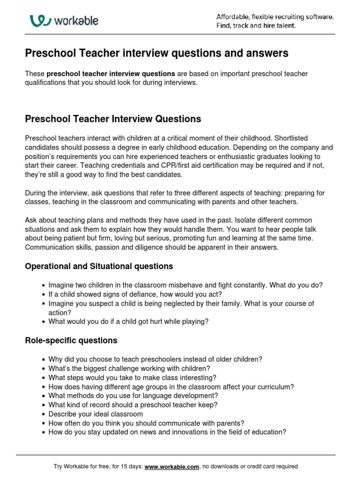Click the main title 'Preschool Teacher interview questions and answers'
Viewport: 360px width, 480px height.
click(x=157, y=53)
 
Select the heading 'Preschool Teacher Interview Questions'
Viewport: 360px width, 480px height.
click(x=113, y=119)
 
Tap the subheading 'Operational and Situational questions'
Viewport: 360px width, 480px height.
click(x=99, y=266)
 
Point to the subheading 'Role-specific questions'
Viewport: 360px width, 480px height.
click(x=71, y=340)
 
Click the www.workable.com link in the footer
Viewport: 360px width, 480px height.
click(x=172, y=466)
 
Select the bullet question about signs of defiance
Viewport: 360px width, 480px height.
click(x=135, y=294)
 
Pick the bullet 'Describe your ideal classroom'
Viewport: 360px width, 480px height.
click(x=96, y=414)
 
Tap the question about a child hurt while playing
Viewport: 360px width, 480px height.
click(x=128, y=322)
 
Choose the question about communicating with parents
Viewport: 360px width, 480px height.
click(x=146, y=423)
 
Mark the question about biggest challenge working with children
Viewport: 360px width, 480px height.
click(x=129, y=368)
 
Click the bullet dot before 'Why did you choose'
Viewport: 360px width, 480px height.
click(x=44, y=360)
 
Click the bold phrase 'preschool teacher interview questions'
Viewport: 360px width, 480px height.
click(x=111, y=74)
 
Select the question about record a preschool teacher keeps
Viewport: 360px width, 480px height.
click(x=133, y=405)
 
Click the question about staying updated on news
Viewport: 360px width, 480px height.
click(x=167, y=432)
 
